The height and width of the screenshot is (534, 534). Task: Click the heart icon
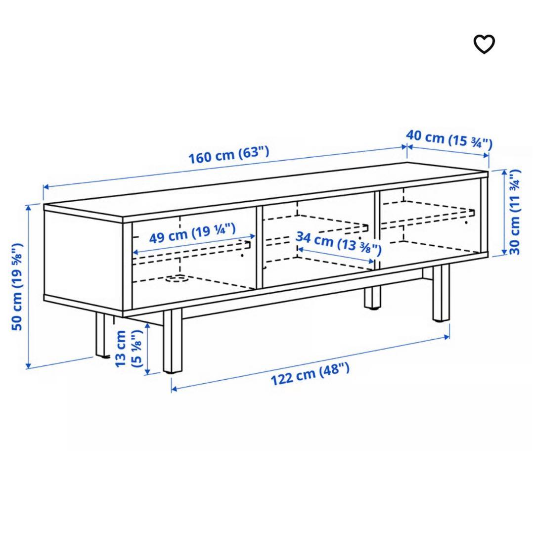click(484, 44)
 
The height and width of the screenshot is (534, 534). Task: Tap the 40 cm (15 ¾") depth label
click(449, 139)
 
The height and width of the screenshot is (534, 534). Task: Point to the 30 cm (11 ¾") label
click(515, 212)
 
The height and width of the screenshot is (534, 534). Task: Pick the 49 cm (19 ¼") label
click(192, 233)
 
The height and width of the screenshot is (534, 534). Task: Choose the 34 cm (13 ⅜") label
click(338, 243)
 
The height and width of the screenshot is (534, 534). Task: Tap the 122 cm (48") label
click(310, 374)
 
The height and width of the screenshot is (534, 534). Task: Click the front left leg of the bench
click(173, 342)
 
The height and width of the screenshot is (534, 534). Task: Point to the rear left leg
click(102, 335)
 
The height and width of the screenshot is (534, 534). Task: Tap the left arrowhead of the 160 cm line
click(46, 186)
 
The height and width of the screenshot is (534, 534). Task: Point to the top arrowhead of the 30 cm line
click(504, 173)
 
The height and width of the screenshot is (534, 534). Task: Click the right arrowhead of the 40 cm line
click(487, 156)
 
